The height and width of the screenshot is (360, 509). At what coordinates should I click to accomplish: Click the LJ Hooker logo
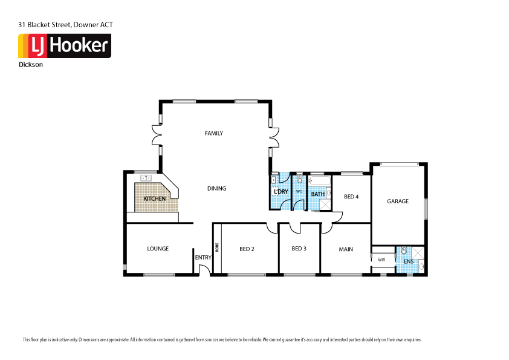click(65, 46)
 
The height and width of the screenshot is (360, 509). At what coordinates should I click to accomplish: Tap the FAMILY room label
click(214, 133)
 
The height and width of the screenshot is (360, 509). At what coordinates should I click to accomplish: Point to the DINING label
click(216, 188)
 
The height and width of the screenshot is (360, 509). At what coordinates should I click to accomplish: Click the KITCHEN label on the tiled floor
click(155, 198)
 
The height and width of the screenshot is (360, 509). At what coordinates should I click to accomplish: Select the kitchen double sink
click(146, 178)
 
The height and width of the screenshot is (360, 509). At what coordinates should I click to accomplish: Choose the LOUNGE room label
click(158, 249)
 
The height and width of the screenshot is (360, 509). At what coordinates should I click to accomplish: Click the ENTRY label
click(203, 258)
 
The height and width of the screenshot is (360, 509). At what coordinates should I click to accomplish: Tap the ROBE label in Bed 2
click(217, 247)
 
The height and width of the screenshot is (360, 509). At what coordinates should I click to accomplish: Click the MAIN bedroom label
click(346, 249)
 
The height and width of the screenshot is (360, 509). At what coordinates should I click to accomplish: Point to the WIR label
click(381, 260)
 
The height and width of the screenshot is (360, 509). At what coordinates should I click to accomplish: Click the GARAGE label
click(398, 201)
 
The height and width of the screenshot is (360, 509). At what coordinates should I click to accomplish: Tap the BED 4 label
click(351, 197)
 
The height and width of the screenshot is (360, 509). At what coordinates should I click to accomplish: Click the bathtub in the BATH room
click(319, 181)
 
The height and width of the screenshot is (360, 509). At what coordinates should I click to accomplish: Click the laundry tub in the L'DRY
click(274, 180)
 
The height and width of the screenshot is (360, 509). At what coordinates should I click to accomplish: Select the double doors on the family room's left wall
click(157, 136)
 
